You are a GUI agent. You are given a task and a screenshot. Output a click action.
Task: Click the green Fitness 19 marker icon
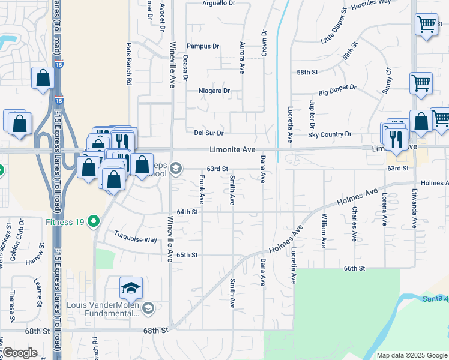tap(93, 222)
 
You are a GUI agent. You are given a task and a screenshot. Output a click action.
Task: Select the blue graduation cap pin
tap(131, 289)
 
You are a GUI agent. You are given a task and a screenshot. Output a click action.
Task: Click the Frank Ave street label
tap(202, 188)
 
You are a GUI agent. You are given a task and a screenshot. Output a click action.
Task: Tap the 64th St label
tap(187, 212)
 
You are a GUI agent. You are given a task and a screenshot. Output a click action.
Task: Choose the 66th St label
tap(354, 269)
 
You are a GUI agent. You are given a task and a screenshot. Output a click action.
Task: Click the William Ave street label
tap(324, 230)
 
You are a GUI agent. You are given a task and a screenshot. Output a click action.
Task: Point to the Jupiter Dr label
tap(312, 115)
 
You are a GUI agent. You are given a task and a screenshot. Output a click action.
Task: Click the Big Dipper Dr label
tap(337, 90)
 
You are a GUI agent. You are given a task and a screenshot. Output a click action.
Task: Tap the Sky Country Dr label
tap(330, 134)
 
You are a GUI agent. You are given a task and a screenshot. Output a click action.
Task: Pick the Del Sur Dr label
tap(209, 133)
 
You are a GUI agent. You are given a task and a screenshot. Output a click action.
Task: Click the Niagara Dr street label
tap(214, 91)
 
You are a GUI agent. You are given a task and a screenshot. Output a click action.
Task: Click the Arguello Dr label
tap(218, 3)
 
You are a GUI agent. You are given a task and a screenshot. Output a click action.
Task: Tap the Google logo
tap(20, 353)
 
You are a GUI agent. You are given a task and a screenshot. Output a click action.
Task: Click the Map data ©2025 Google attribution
tap(411, 355)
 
